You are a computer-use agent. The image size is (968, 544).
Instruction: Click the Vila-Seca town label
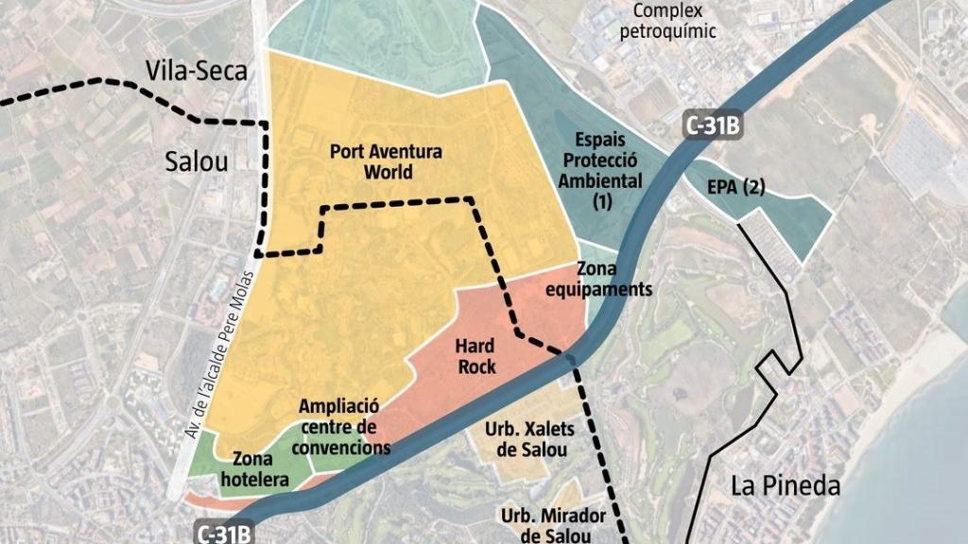tap(197, 71)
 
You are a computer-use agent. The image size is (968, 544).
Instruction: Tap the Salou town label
tap(197, 161)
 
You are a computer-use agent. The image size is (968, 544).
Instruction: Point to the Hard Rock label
tap(475, 356)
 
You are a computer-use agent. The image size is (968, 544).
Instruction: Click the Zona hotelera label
tap(250, 469)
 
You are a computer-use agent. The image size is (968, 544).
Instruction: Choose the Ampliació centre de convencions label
tap(340, 426)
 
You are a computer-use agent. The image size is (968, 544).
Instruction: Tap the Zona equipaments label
tap(614, 280)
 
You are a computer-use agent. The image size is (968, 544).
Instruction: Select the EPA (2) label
tap(735, 187)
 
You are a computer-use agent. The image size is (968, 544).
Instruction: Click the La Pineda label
tap(786, 486)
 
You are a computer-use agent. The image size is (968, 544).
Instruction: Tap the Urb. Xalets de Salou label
tap(529, 438)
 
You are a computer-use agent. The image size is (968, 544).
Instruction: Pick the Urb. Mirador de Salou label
tap(545, 525)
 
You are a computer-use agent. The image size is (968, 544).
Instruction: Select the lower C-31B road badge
tap(225, 533)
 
